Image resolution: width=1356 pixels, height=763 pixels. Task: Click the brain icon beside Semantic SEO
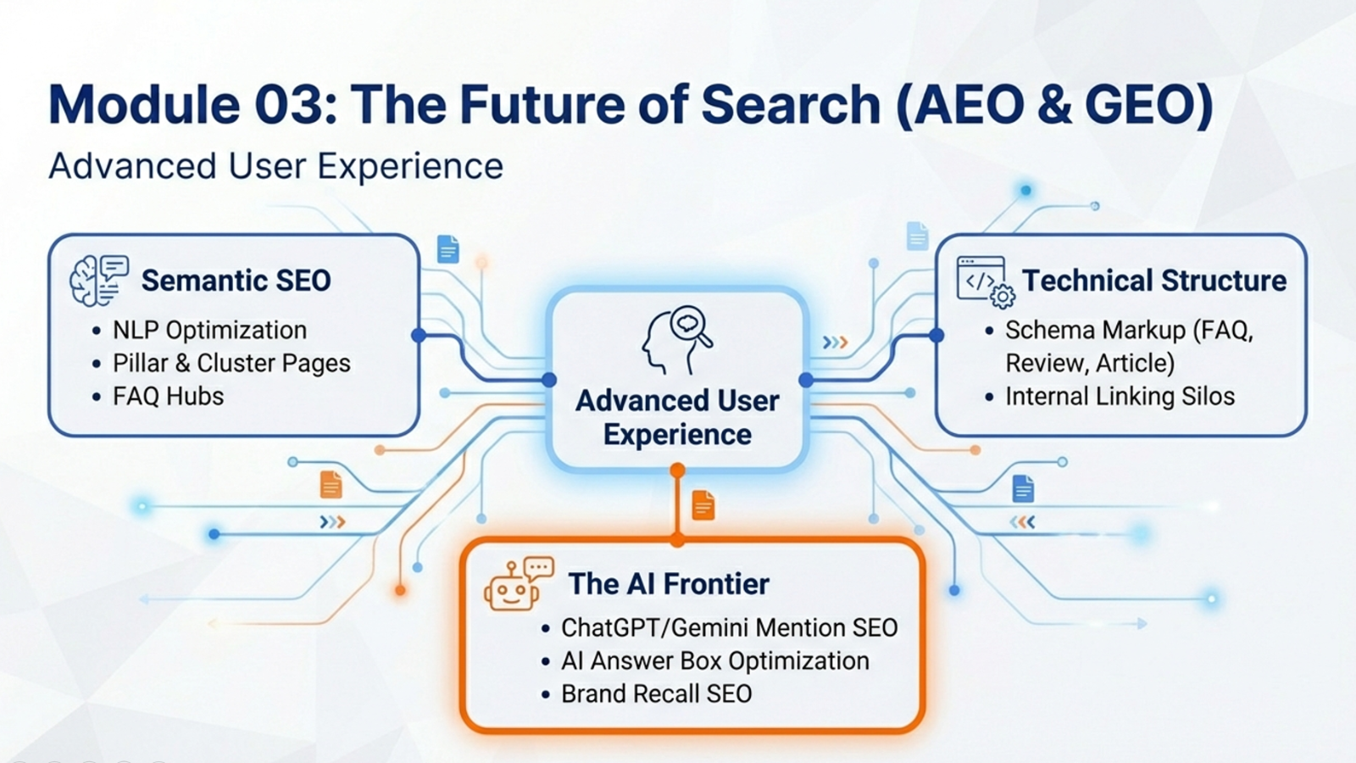pyautogui.click(x=99, y=281)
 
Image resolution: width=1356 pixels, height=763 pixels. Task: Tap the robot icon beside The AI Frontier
pyautogui.click(x=519, y=584)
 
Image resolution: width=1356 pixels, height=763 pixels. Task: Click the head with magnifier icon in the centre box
pyautogui.click(x=677, y=340)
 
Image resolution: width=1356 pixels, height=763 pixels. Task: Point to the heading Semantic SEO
pyautogui.click(x=236, y=281)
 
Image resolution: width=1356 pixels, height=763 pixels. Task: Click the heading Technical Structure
pyautogui.click(x=1154, y=281)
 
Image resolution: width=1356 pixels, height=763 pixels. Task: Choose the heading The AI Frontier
pyautogui.click(x=669, y=584)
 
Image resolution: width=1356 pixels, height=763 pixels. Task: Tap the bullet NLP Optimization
pyautogui.click(x=209, y=331)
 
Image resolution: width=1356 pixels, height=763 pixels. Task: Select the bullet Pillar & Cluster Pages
pyautogui.click(x=231, y=364)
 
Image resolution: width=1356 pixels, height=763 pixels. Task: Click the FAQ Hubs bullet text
pyautogui.click(x=169, y=397)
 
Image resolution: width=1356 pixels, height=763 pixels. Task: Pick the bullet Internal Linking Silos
pyautogui.click(x=1120, y=397)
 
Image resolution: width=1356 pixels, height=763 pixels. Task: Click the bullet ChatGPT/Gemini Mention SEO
pyautogui.click(x=730, y=628)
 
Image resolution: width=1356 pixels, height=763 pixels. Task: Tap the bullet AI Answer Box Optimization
pyautogui.click(x=715, y=661)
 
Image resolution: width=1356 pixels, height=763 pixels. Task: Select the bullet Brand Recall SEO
pyautogui.click(x=656, y=694)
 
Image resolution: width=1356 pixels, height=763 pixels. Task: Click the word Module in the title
pyautogui.click(x=144, y=104)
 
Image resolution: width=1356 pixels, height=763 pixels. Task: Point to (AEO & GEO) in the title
pyautogui.click(x=1054, y=104)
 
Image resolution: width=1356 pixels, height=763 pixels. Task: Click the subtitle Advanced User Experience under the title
pyautogui.click(x=275, y=166)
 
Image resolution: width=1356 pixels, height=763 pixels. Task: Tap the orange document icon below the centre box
pyautogui.click(x=703, y=505)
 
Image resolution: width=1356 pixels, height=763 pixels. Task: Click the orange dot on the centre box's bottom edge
pyautogui.click(x=677, y=470)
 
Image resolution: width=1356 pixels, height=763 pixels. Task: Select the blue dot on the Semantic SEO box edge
pyautogui.click(x=419, y=335)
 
